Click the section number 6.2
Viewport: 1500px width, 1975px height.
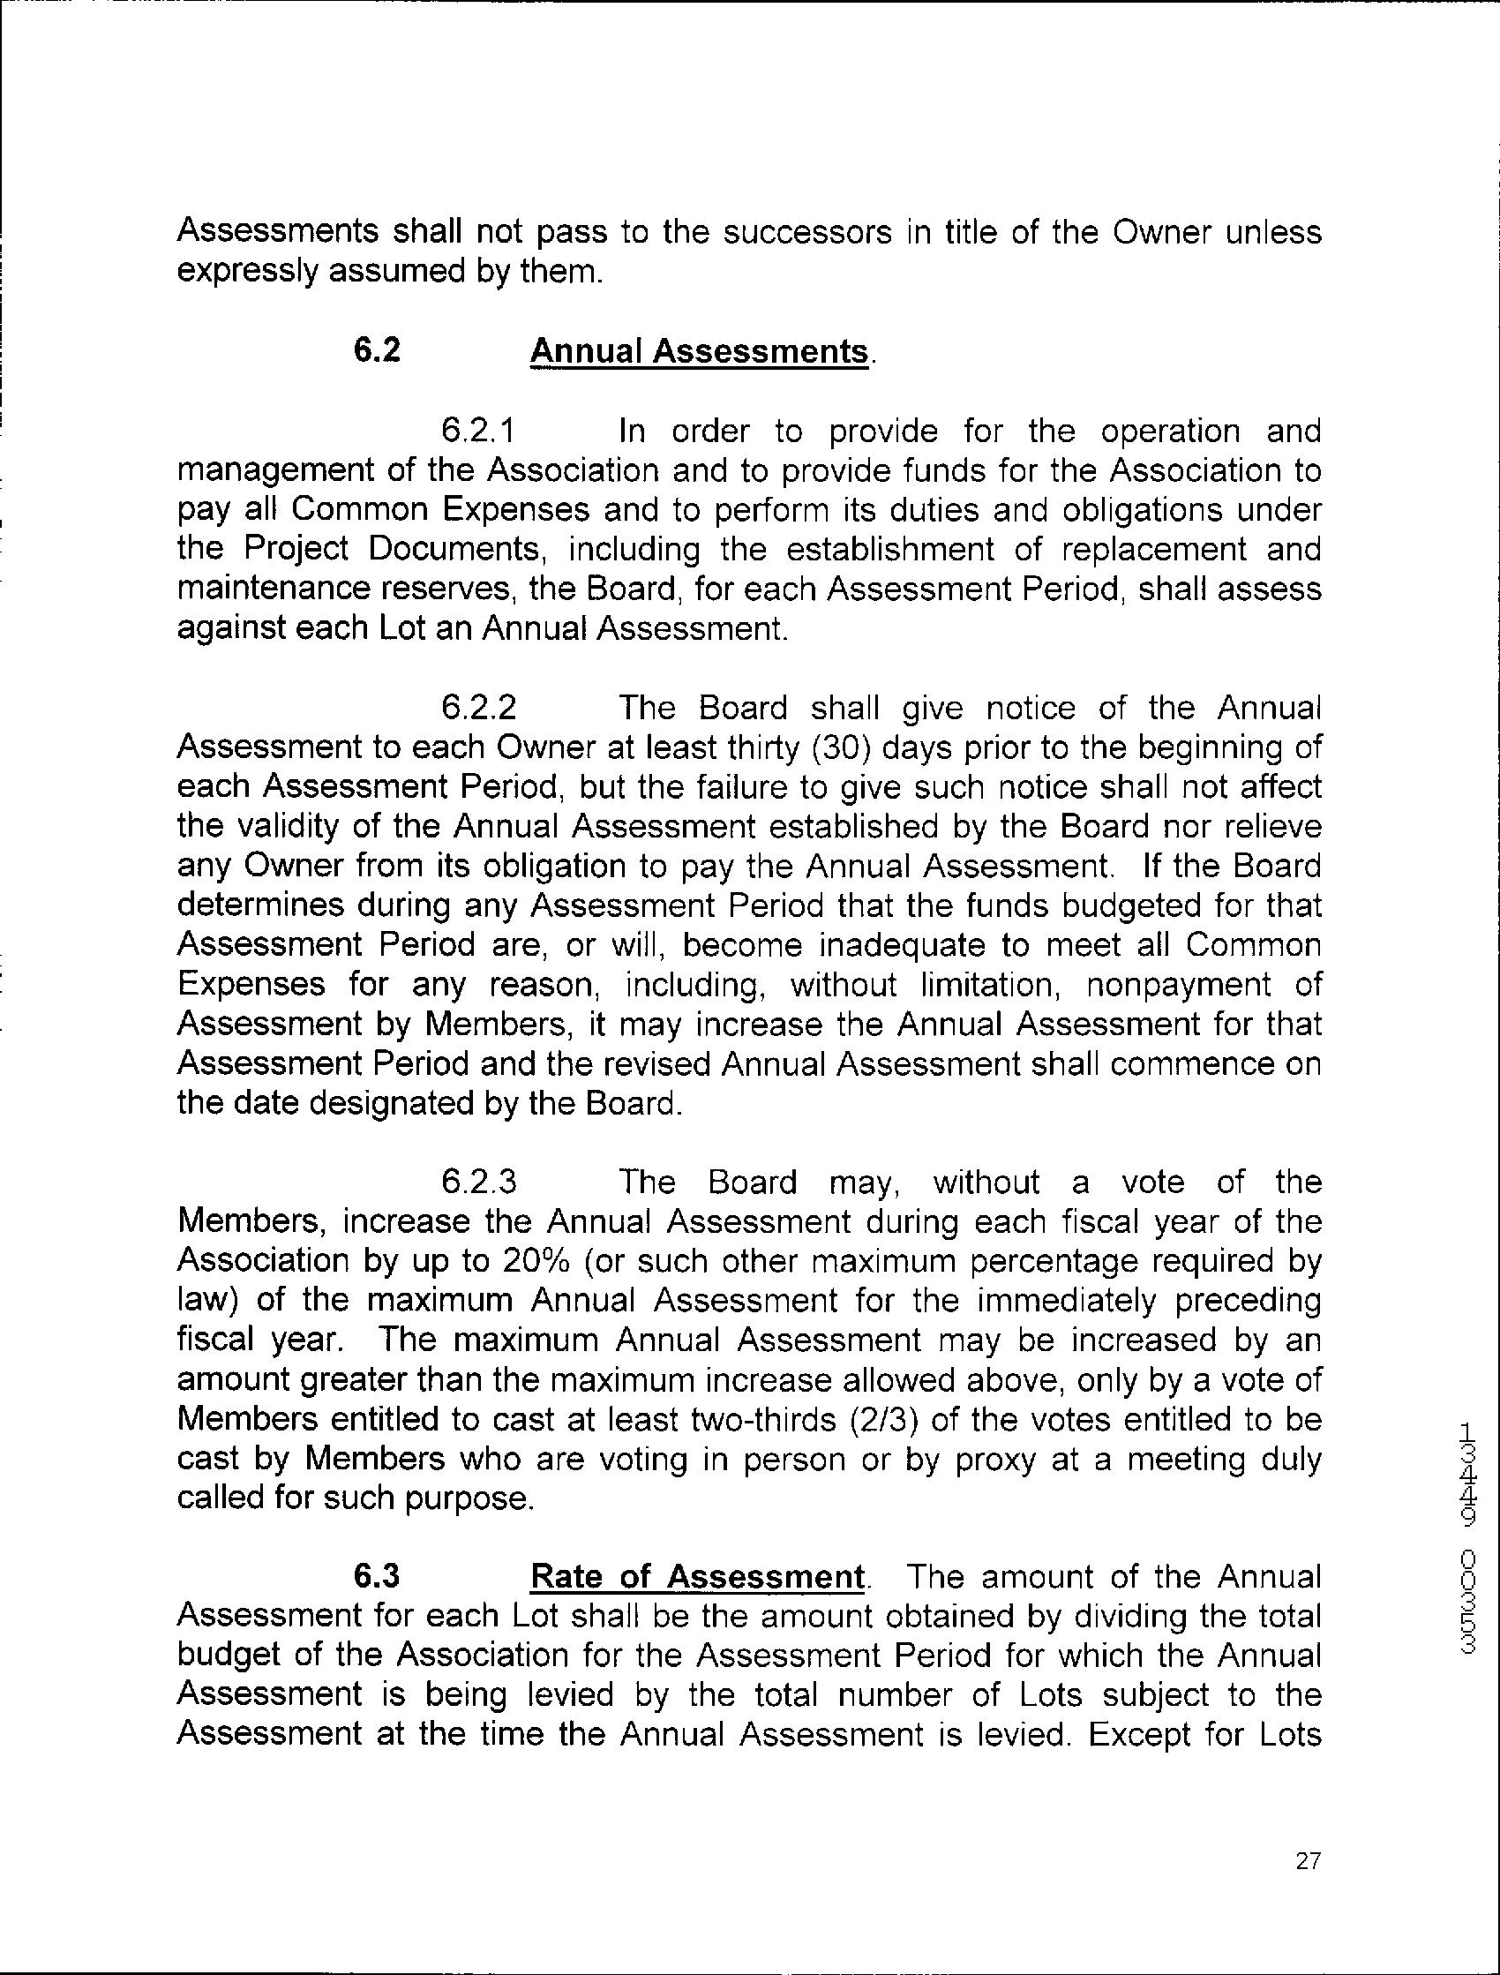coord(377,351)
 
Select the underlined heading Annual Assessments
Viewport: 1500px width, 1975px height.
coord(698,352)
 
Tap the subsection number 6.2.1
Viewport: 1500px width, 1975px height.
coord(478,432)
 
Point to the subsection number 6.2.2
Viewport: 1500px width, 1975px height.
coord(478,708)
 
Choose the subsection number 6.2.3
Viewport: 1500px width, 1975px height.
coord(478,1183)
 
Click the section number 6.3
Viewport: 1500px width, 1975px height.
coord(377,1577)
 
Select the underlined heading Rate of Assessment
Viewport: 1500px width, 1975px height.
coord(696,1578)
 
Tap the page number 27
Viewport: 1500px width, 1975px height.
coord(1308,1862)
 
